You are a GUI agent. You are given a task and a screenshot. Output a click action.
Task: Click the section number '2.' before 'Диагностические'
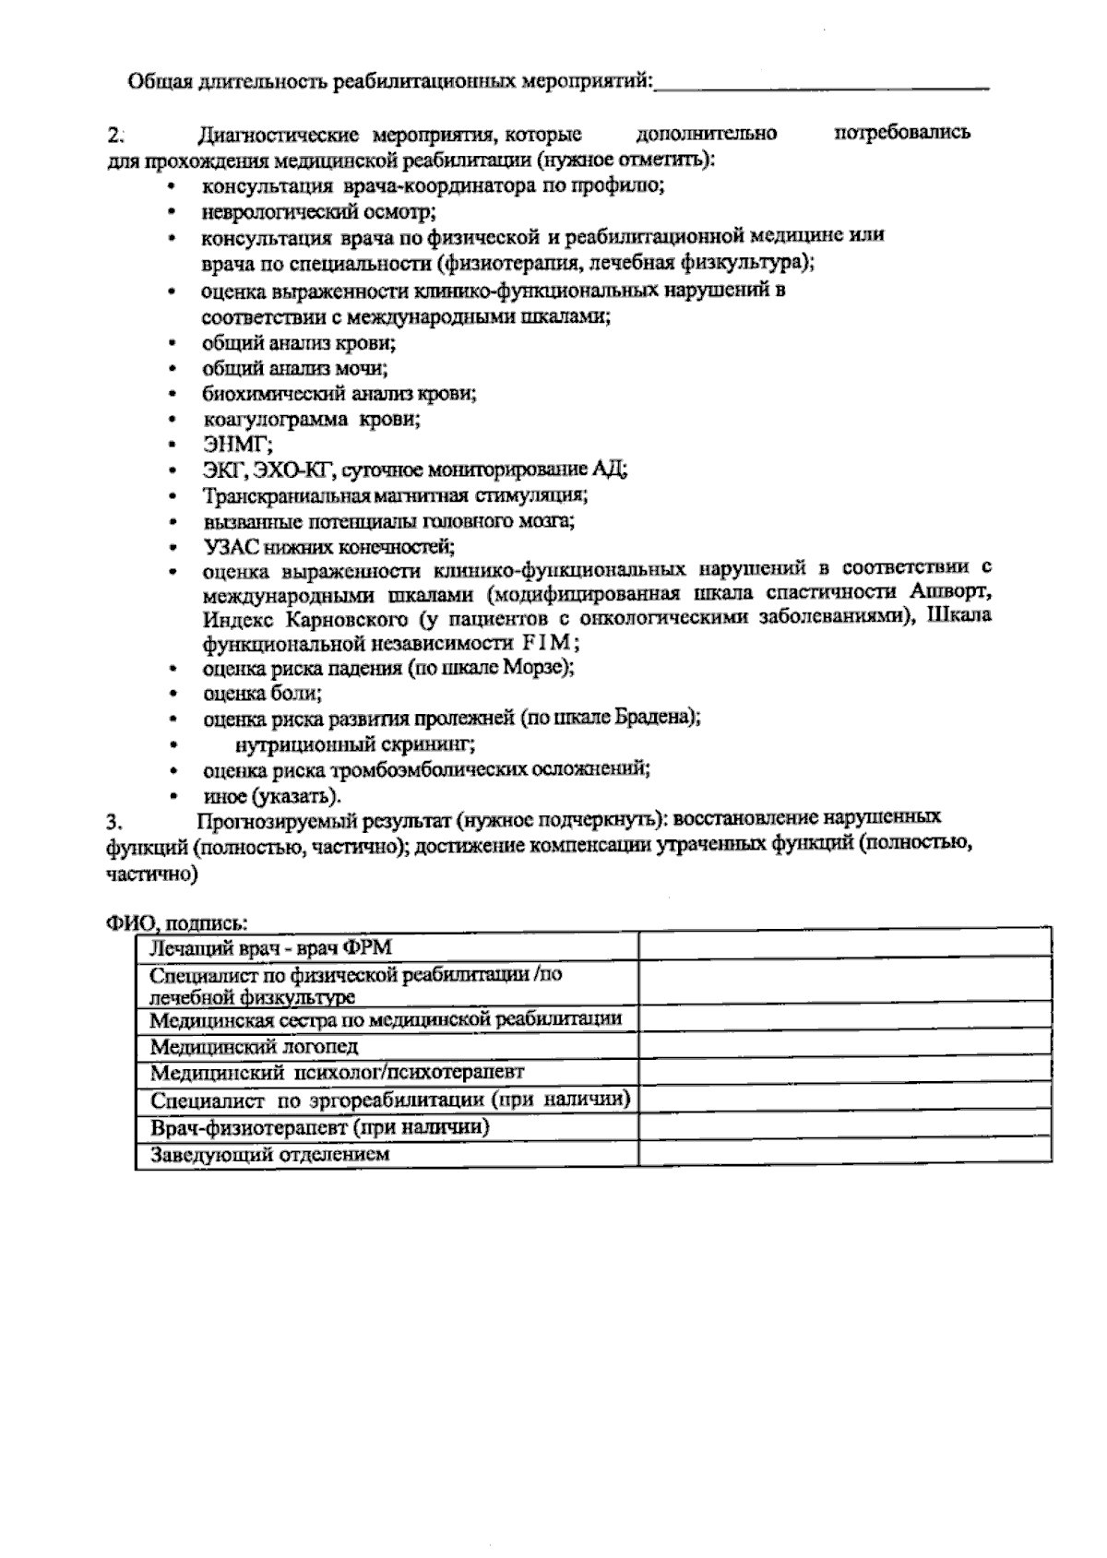click(115, 134)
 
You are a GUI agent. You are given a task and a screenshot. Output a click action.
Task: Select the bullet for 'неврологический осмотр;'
click(172, 212)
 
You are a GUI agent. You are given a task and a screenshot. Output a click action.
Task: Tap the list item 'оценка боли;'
click(262, 692)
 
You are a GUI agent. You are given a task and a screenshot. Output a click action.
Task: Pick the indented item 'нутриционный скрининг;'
click(355, 743)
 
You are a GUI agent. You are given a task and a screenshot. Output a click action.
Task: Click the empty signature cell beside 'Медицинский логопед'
click(844, 1046)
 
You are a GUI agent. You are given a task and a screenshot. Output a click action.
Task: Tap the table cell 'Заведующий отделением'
click(269, 1154)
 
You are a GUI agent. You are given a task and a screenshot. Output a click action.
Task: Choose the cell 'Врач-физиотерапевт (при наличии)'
click(319, 1127)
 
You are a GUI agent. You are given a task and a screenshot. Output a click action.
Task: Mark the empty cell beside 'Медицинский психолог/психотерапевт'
click(844, 1073)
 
